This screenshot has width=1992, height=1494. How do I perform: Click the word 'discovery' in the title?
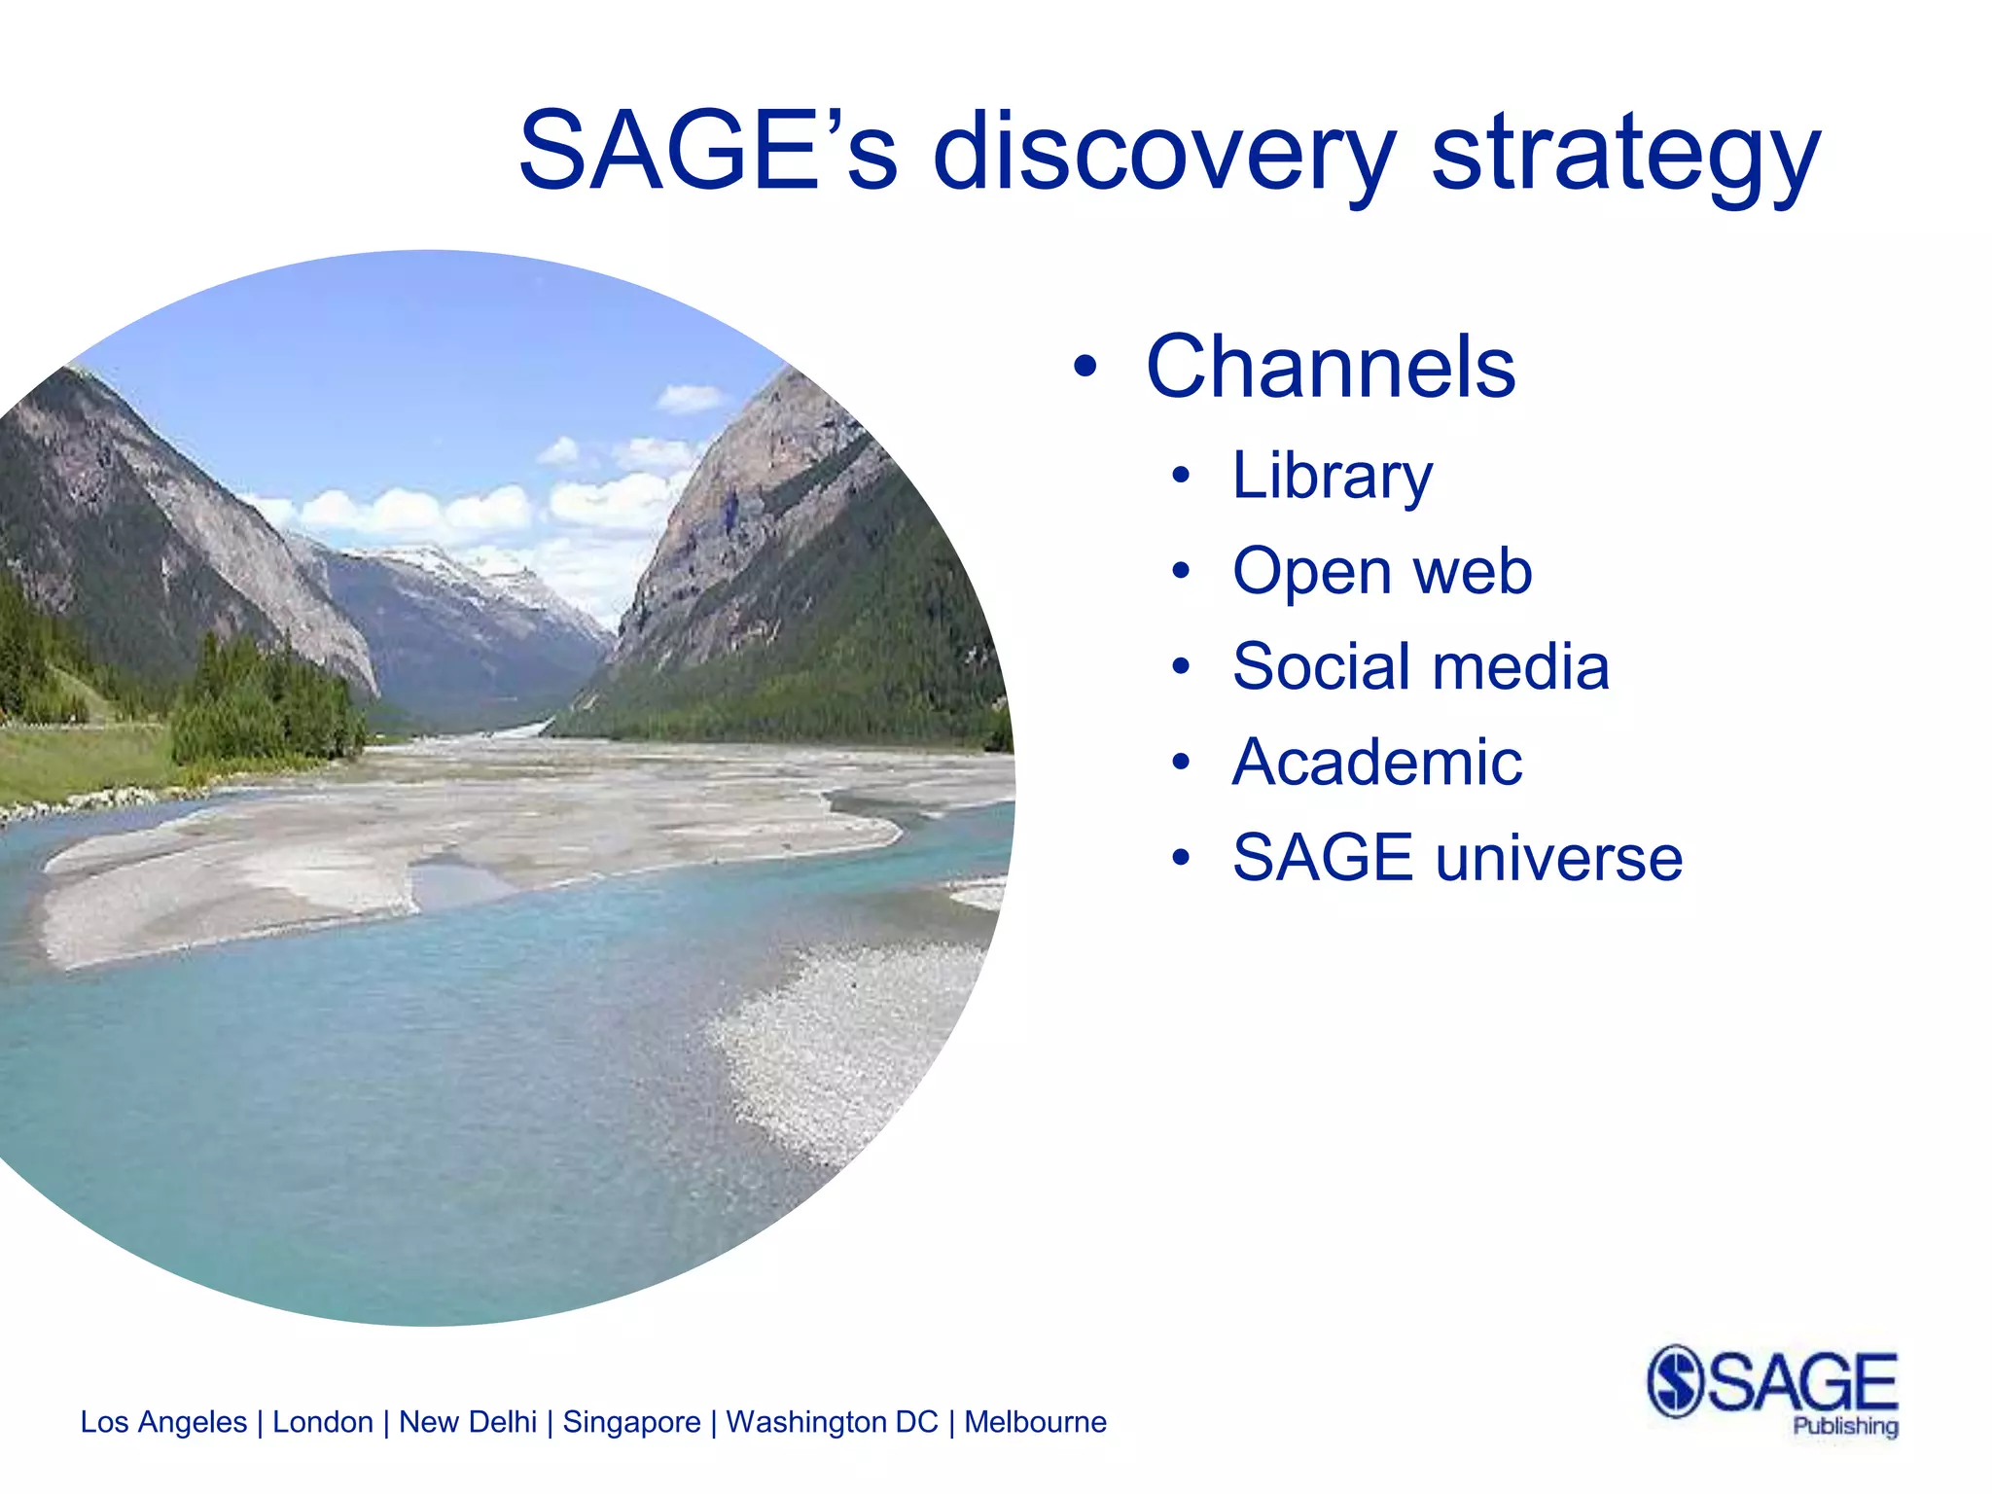(x=1163, y=154)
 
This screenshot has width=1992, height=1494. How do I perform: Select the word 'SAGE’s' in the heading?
(x=707, y=152)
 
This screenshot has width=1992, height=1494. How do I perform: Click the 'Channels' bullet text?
(x=1330, y=367)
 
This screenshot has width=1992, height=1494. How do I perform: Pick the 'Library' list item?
(x=1332, y=477)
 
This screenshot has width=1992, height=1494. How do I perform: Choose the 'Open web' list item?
(x=1381, y=571)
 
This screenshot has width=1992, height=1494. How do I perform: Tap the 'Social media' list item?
(x=1420, y=667)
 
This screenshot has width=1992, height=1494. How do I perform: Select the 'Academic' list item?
(x=1376, y=762)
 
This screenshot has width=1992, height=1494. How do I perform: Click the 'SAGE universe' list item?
(x=1456, y=858)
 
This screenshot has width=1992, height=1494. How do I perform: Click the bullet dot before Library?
(x=1180, y=477)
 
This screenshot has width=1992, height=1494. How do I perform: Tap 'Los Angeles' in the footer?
(x=163, y=1422)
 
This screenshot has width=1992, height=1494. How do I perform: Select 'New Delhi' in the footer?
(x=468, y=1422)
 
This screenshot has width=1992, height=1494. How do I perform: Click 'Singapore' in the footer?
(x=631, y=1422)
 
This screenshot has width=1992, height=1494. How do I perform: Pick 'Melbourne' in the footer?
(x=1035, y=1422)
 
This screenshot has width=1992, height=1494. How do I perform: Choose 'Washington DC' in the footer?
(x=832, y=1422)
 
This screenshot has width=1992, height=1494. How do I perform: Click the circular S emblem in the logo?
(x=1675, y=1381)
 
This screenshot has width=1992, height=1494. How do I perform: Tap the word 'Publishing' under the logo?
(x=1845, y=1427)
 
